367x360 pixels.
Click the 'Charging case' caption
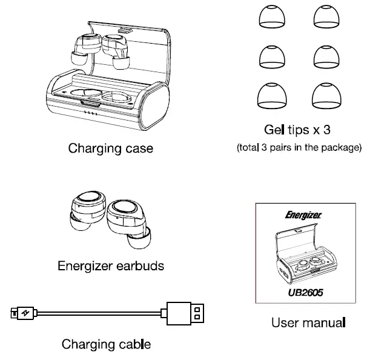click(x=110, y=148)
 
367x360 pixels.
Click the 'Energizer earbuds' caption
click(x=110, y=265)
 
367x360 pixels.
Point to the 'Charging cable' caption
click(x=106, y=344)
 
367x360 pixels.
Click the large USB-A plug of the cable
click(x=185, y=313)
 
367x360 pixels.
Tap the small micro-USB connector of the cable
click(x=22, y=313)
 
